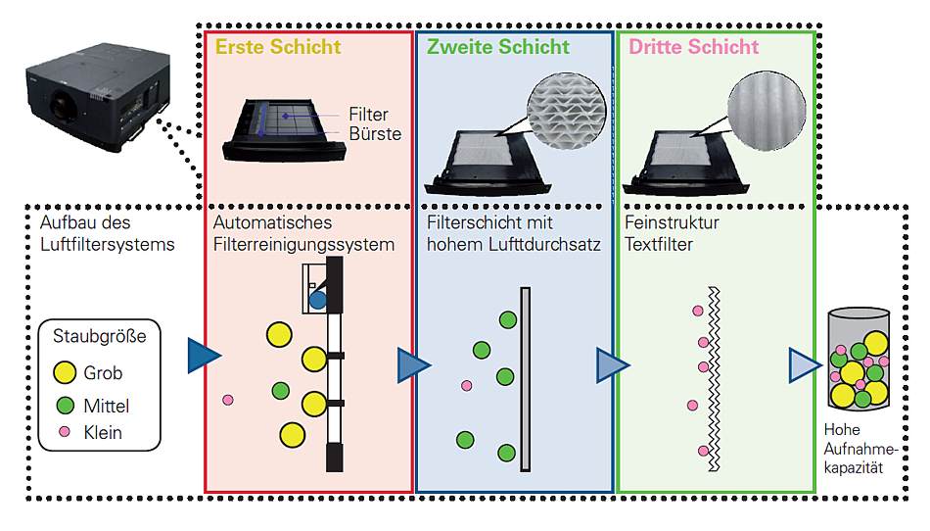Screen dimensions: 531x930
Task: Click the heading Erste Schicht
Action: (278, 47)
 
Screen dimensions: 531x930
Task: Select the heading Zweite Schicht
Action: (497, 47)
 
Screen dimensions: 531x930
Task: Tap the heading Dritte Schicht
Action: (693, 47)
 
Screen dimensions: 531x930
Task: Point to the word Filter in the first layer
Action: (368, 115)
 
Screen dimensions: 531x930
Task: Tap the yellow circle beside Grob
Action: (65, 373)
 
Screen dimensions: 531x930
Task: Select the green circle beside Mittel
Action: (65, 405)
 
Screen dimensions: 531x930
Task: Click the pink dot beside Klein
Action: (65, 431)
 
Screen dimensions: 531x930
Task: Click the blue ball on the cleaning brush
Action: (318, 300)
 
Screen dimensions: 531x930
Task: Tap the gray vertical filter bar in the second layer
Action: (526, 378)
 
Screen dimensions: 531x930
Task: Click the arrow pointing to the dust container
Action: (803, 365)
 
